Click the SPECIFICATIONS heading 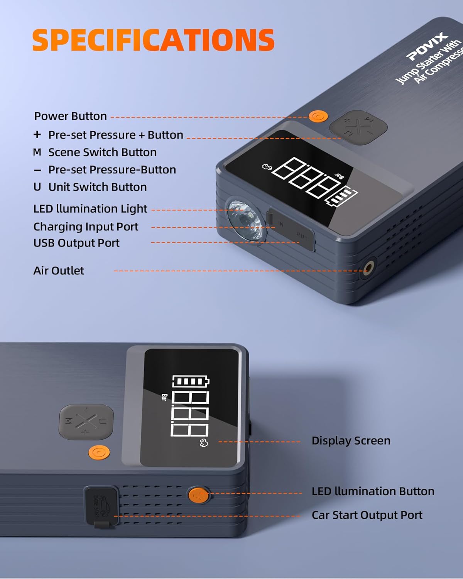[x=153, y=40]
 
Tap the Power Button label [x=70, y=116]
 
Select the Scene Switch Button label [x=102, y=152]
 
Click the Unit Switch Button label [x=97, y=187]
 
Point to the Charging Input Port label [x=86, y=227]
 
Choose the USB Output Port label [x=76, y=243]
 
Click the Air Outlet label [x=59, y=271]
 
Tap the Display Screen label [x=351, y=441]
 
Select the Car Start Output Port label [x=367, y=515]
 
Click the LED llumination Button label [x=373, y=491]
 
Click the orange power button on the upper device [x=318, y=116]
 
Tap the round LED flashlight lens [x=245, y=219]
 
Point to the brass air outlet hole [x=368, y=267]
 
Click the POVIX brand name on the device [x=427, y=46]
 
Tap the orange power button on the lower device [x=99, y=452]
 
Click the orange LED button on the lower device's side [x=198, y=494]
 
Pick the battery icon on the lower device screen [x=190, y=381]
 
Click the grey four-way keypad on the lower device [x=86, y=422]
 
